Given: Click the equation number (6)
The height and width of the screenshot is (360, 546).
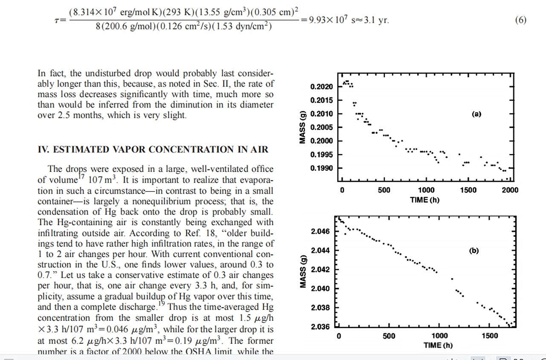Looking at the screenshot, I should (x=520, y=20).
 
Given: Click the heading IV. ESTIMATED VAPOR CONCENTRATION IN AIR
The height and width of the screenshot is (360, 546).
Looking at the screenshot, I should (x=153, y=149).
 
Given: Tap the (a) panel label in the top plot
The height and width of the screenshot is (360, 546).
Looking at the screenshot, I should (x=476, y=114).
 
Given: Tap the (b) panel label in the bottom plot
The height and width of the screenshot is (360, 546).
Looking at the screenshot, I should (x=473, y=251).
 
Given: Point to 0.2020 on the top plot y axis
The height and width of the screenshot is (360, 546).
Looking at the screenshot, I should (x=321, y=87).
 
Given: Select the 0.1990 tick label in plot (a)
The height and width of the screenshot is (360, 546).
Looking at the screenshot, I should (x=321, y=168).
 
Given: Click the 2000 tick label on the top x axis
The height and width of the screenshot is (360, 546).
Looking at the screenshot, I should (x=510, y=190).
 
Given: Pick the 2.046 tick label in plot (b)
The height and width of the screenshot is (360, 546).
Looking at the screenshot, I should (x=320, y=232).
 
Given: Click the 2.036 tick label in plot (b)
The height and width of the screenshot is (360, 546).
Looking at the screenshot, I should (x=320, y=327).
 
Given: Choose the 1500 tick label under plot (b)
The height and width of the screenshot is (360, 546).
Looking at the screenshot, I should (x=490, y=336).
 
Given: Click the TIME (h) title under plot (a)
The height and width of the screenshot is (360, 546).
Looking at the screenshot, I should (x=424, y=200).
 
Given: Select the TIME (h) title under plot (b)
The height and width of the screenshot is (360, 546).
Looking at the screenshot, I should (x=438, y=345).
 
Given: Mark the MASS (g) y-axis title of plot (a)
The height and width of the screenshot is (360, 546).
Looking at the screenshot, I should (x=303, y=127).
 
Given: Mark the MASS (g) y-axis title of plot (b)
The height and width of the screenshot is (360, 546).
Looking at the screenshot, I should (x=303, y=272).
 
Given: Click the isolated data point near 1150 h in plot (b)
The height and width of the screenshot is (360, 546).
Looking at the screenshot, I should (x=452, y=279).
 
